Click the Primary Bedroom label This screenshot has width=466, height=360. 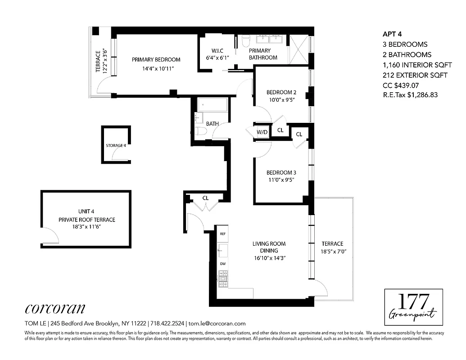point(156,59)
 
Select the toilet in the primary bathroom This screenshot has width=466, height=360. point(246,41)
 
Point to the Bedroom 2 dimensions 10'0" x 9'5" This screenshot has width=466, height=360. point(281,100)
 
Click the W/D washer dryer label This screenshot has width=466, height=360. point(262,132)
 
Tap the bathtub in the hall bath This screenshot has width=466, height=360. point(213,106)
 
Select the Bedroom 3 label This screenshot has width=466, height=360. point(281,173)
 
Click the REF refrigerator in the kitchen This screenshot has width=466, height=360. point(222,234)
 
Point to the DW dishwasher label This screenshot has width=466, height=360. point(222,263)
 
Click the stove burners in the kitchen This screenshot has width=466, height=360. point(222,274)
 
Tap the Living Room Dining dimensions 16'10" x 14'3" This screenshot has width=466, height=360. point(269,258)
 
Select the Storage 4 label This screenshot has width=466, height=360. point(116,146)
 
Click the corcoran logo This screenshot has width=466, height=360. point(54,308)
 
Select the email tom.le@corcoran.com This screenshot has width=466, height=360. point(217,323)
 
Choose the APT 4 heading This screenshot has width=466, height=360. point(392,34)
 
